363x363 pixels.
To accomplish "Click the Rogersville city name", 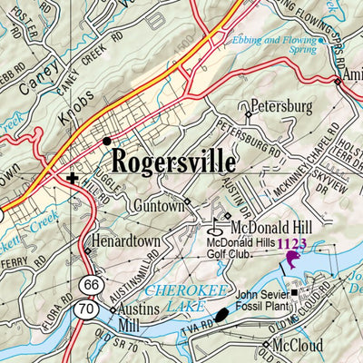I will [x=173, y=163].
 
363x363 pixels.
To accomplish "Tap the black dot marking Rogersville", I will [x=107, y=141].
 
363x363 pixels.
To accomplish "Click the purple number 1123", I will [x=293, y=243].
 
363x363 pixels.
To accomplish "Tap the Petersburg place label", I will [x=281, y=106].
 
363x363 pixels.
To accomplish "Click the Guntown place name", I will [x=158, y=206].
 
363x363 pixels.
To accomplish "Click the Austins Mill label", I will [x=140, y=316].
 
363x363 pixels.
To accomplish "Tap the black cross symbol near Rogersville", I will [x=73, y=178].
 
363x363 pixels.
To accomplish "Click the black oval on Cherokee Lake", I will [x=221, y=314].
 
